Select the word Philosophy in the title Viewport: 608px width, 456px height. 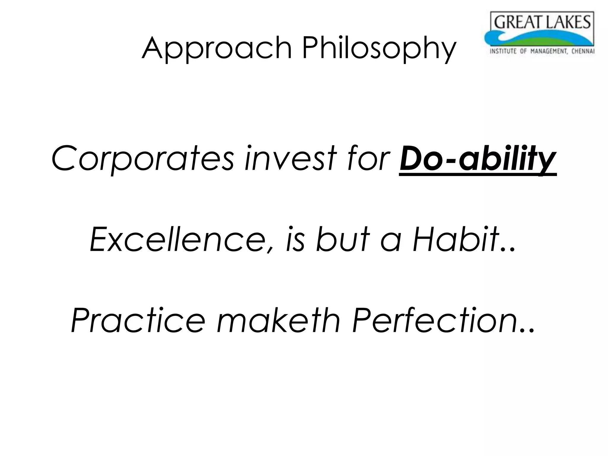[x=379, y=48]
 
